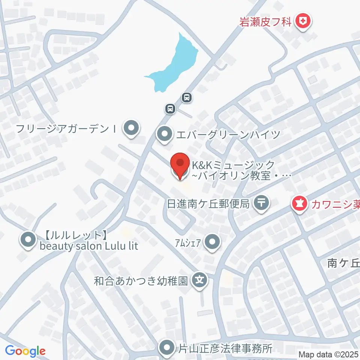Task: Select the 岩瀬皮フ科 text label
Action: (265, 21)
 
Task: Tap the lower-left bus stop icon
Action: (170, 109)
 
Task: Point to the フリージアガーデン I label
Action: (66, 129)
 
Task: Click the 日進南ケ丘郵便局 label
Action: (208, 204)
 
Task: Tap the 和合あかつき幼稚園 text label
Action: (141, 280)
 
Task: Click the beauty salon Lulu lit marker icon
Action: (27, 240)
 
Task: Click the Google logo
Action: (25, 351)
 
